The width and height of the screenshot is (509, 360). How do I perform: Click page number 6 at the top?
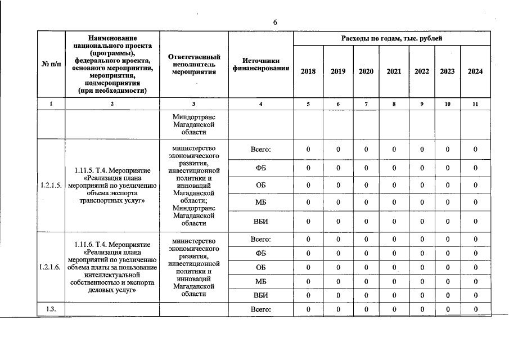tap(275, 22)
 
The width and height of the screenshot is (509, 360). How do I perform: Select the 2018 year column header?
tap(308, 71)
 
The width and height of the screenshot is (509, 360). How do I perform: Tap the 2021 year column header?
tap(394, 71)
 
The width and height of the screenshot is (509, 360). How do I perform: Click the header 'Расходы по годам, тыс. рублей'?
tap(391, 38)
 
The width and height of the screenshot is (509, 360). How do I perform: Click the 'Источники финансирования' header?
tap(261, 64)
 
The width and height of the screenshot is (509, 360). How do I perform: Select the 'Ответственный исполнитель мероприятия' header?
tap(194, 64)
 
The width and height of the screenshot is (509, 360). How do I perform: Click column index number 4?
tap(261, 104)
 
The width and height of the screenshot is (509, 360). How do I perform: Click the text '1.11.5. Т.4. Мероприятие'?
tap(112, 169)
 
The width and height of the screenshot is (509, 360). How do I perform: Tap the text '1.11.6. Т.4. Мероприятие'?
tap(112, 245)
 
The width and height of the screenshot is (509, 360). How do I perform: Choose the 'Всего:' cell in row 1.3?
tap(261, 309)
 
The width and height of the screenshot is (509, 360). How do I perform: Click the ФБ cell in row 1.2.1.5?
tap(261, 168)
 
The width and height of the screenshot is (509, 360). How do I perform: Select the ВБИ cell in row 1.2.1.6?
tap(261, 295)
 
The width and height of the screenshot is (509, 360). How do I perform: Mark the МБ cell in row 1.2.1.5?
tap(261, 202)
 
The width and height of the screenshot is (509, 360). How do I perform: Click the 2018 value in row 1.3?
tap(308, 309)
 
